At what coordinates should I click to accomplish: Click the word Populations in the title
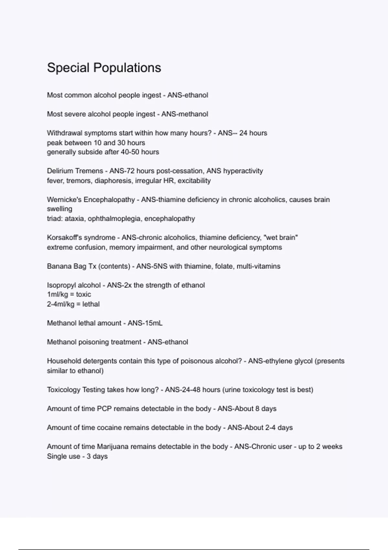pyautogui.click(x=127, y=68)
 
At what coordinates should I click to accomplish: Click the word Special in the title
pyautogui.click(x=68, y=68)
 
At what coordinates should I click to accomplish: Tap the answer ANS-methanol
pyautogui.click(x=185, y=114)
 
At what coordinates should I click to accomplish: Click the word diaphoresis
pyautogui.click(x=113, y=181)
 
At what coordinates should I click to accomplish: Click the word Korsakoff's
pyautogui.click(x=65, y=237)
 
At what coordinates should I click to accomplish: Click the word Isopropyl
pyautogui.click(x=60, y=285)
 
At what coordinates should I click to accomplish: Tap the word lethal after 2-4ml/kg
pyautogui.click(x=91, y=304)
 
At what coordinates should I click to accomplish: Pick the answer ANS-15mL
pyautogui.click(x=145, y=323)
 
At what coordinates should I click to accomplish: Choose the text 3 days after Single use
pyautogui.click(x=97, y=456)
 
